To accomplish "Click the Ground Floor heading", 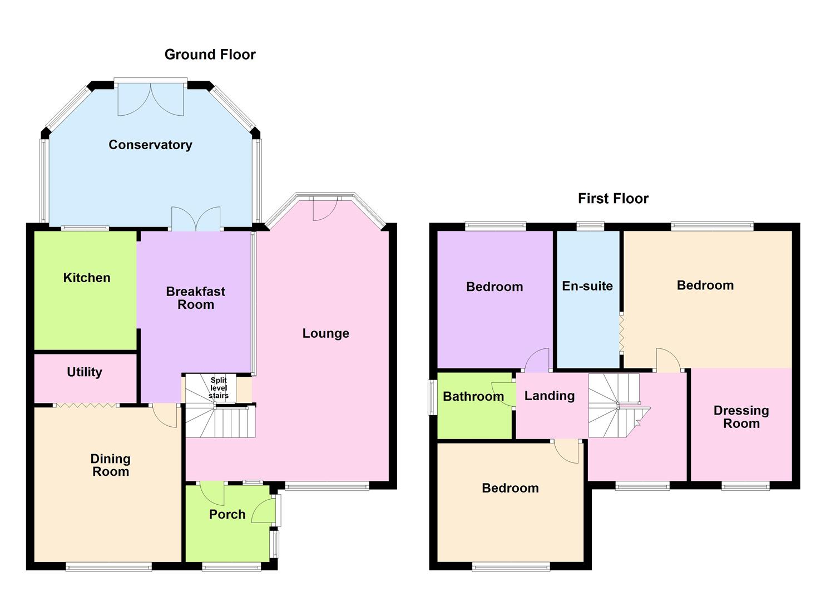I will (210, 55).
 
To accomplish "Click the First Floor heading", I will (613, 199).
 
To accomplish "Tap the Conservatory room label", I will (150, 145).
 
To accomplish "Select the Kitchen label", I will (87, 278).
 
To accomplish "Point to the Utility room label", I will (85, 372).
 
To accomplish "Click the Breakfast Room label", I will (196, 298).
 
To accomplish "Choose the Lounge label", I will (326, 333).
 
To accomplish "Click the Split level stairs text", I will (219, 388).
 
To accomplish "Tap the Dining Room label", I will (111, 465).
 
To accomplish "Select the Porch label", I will (227, 515).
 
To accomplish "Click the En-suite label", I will (587, 286).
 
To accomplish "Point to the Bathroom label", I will (473, 396).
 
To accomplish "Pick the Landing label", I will (550, 396).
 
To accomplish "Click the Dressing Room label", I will (741, 417).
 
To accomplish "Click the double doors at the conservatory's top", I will (151, 99).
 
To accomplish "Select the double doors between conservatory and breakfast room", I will (196, 219).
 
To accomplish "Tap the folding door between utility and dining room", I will (86, 405).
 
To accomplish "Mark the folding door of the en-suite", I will (621, 333).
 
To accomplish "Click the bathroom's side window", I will (432, 397).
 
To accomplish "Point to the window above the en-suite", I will (590, 226).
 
